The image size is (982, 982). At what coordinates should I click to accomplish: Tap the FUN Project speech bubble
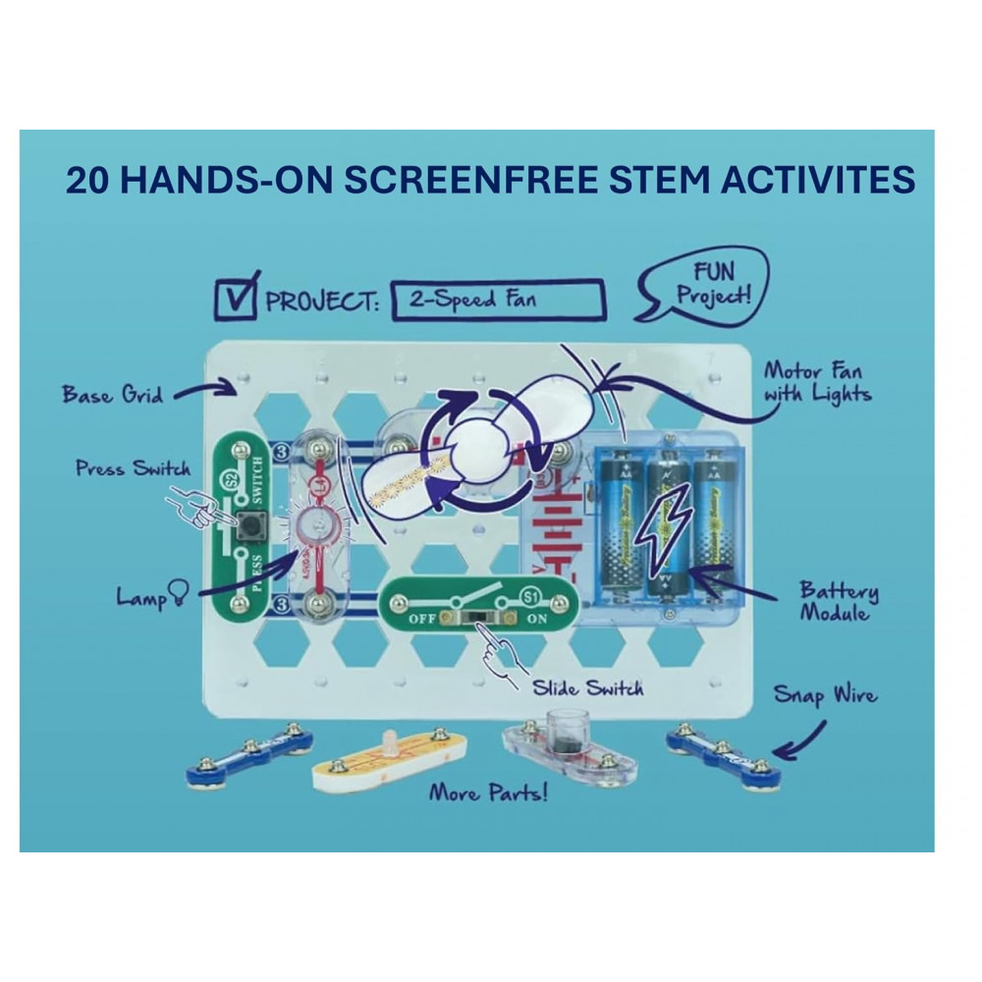704,285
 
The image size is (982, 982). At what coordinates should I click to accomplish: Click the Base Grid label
110,395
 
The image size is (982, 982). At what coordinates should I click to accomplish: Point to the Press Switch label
133,468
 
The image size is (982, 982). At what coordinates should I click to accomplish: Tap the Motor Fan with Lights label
817,383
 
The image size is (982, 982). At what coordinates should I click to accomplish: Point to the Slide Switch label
587,687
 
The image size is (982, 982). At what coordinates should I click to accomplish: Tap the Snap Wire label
825,696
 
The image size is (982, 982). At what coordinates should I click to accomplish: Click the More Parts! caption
488,791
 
